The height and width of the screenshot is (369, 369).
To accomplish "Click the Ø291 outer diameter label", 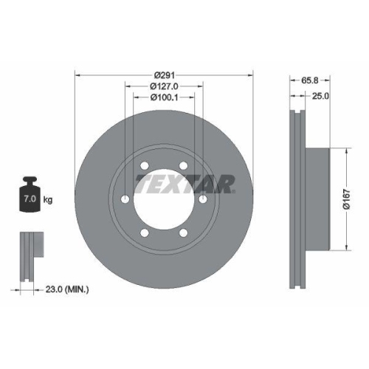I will (163, 75).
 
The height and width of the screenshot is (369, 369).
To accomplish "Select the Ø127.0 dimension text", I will (163, 86).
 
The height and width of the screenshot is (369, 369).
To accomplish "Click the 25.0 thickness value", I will (321, 96).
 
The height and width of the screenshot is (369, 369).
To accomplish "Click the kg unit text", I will (48, 200).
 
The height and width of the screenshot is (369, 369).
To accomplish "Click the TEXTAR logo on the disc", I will (184, 182).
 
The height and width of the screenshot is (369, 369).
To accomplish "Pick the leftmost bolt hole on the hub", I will (125, 199).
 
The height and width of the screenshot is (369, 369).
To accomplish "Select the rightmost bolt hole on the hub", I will (202, 199).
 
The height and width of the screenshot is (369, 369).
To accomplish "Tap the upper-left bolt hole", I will (145, 165).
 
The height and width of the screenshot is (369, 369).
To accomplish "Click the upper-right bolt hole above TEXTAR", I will (183, 165).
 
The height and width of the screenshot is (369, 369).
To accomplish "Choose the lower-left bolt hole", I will (145, 232).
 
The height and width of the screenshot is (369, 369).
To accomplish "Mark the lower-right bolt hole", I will (183, 232).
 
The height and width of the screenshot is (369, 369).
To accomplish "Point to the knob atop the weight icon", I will (30, 179).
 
